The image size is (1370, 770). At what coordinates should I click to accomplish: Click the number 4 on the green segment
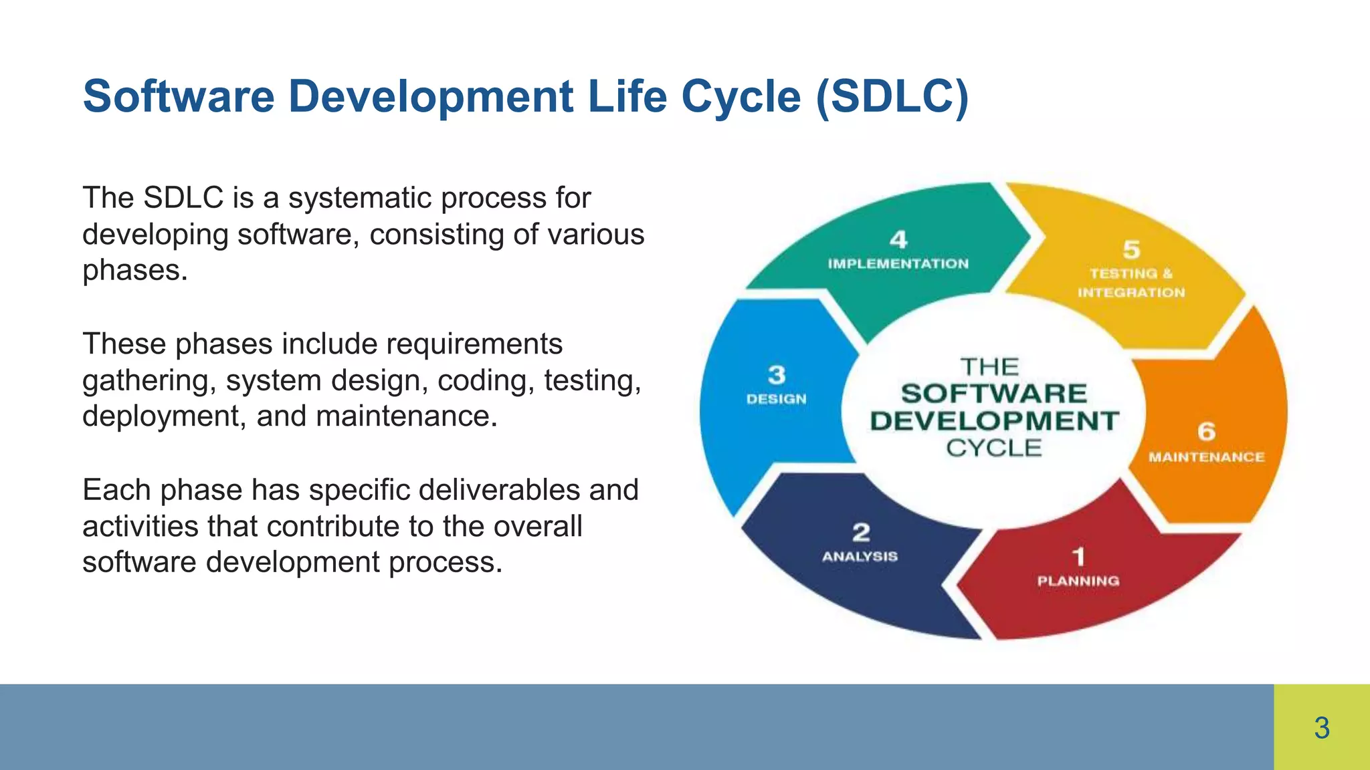tap(898, 239)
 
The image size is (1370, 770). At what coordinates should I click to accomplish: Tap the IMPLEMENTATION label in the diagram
tap(898, 264)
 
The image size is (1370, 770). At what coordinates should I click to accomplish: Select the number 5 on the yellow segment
tap(1131, 249)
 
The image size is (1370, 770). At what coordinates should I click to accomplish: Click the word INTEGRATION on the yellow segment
tap(1131, 293)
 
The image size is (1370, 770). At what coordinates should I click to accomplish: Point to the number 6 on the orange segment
tap(1206, 431)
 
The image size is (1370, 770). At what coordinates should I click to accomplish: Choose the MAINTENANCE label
tap(1206, 457)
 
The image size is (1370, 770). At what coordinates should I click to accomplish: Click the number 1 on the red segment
tap(1078, 556)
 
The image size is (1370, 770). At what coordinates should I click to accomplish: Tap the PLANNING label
tap(1078, 581)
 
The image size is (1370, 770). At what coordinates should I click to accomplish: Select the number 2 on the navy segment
tap(861, 532)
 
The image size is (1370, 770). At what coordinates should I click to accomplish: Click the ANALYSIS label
tap(860, 556)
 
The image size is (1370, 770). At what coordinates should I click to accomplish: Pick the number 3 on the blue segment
tap(777, 374)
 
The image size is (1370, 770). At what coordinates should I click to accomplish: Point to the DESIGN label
tap(776, 399)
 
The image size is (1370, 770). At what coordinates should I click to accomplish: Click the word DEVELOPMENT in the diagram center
tap(994, 421)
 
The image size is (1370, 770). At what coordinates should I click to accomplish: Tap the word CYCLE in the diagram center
tap(993, 448)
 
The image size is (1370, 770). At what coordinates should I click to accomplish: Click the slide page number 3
tap(1321, 728)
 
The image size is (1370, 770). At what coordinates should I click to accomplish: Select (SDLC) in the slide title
tap(892, 97)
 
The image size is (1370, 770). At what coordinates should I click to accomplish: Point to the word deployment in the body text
tap(160, 416)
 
